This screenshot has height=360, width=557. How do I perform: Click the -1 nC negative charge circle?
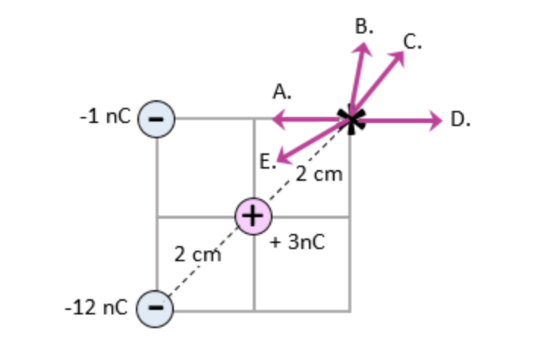(x=156, y=119)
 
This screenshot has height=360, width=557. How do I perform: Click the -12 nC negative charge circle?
(x=156, y=308)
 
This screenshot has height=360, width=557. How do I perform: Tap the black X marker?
(x=351, y=119)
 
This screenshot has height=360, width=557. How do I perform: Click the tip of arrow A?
(x=275, y=119)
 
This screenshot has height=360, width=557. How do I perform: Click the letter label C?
(x=412, y=41)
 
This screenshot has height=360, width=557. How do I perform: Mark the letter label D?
(x=461, y=119)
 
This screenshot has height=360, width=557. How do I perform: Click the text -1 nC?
(x=105, y=118)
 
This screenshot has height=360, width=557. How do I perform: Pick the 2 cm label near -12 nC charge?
(x=197, y=254)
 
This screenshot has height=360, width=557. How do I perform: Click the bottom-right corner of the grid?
(x=351, y=311)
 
